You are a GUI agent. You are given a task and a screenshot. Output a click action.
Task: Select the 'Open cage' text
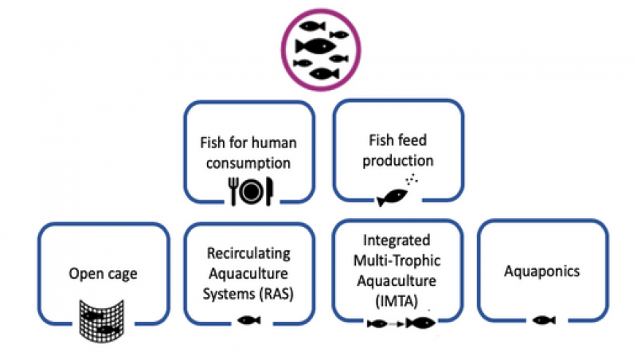[103, 274]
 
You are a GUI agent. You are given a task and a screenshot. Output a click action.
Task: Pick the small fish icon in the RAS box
[250, 320]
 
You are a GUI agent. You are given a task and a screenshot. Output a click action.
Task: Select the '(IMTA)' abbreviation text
[397, 299]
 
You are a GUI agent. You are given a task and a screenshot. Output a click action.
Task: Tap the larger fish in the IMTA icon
[420, 323]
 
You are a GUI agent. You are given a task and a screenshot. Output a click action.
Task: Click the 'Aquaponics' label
[541, 272]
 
